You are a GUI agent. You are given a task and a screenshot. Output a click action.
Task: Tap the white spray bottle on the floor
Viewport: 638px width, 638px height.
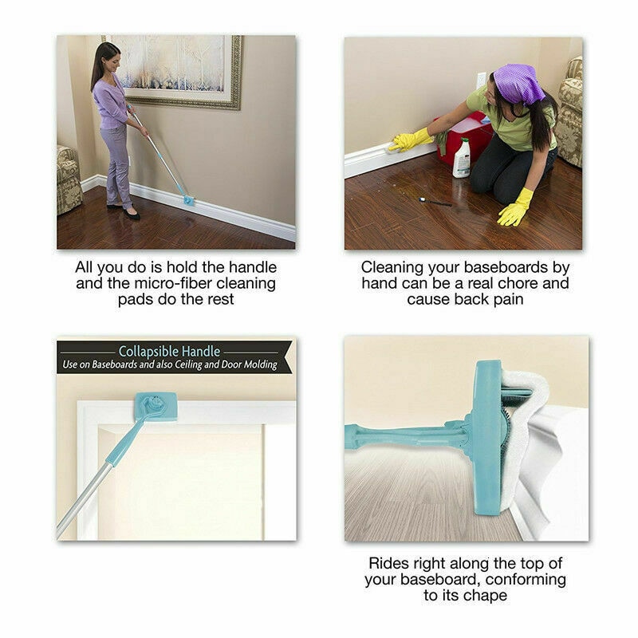462,157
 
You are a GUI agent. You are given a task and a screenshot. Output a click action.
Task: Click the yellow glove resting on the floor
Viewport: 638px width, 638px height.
515,209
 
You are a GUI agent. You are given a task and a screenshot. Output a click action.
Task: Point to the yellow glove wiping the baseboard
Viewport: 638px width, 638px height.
410,140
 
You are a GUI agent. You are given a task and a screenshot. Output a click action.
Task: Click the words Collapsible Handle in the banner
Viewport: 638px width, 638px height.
169,351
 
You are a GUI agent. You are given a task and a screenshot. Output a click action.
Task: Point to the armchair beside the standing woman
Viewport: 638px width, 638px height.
69,179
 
